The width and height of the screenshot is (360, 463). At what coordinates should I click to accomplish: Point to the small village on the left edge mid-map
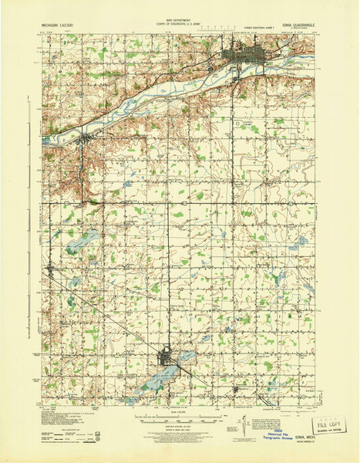pyautogui.click(x=51, y=269)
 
